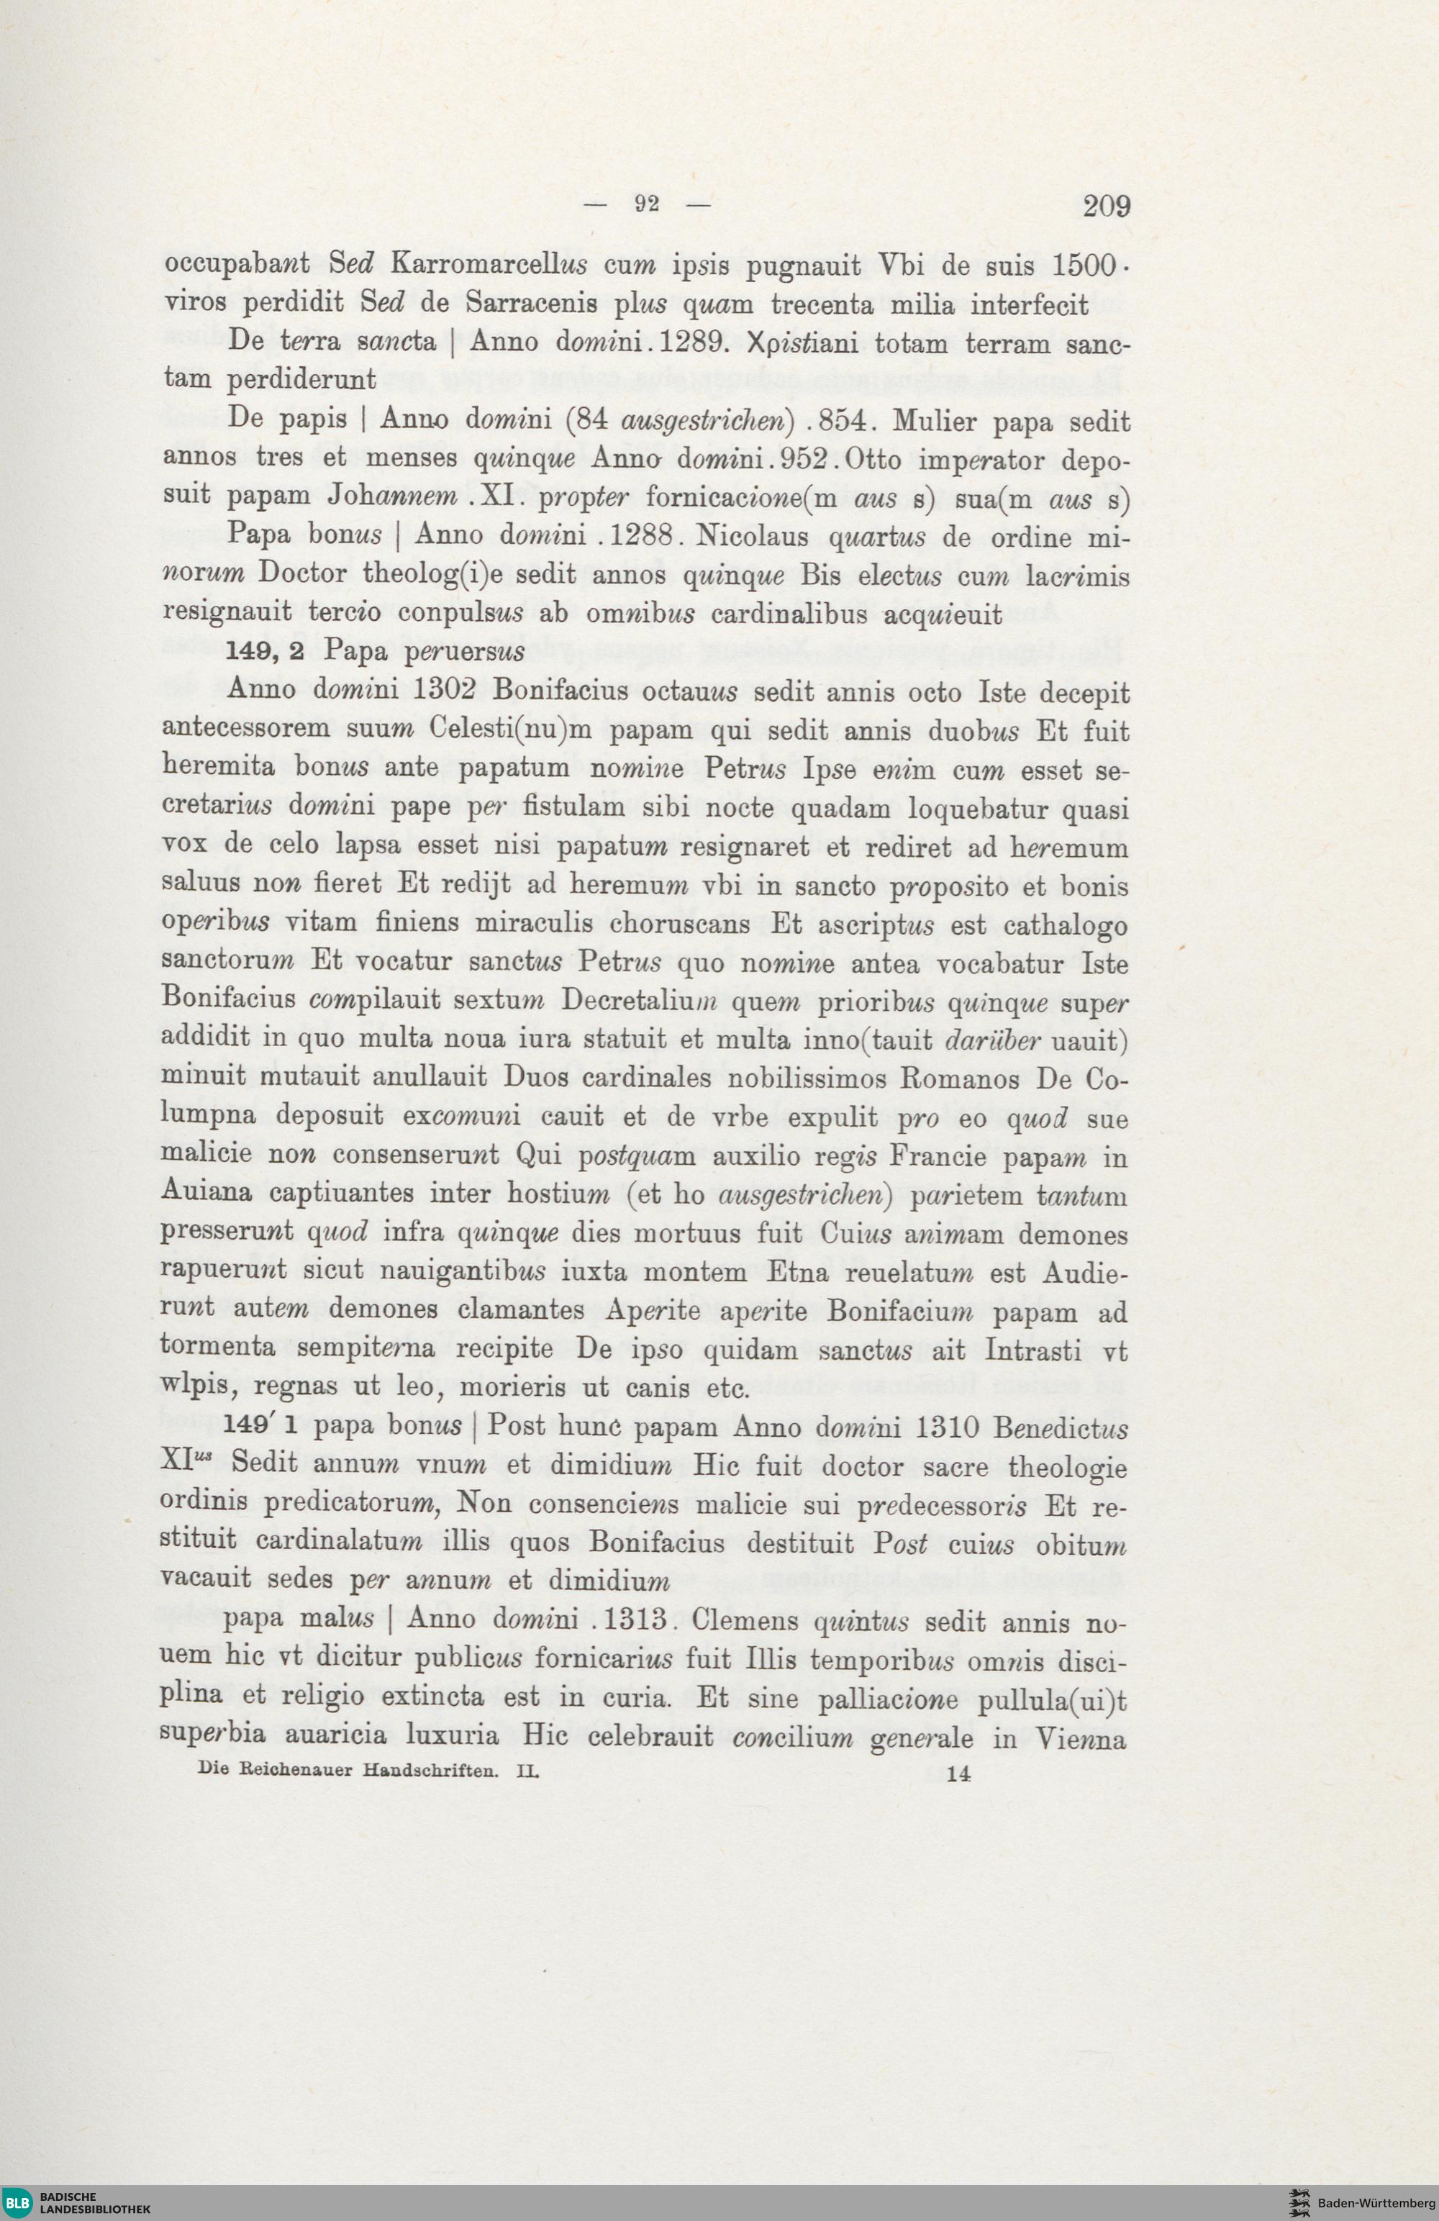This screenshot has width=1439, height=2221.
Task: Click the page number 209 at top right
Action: click(1107, 205)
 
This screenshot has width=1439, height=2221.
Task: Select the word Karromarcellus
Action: click(489, 265)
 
